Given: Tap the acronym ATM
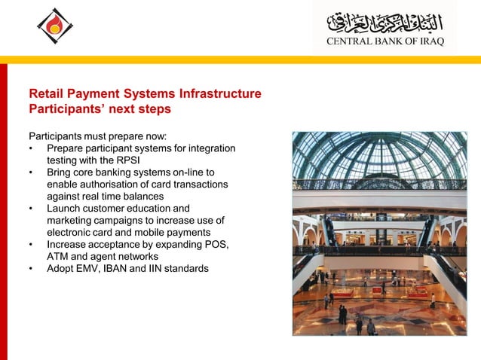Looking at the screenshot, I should pyautogui.click(x=58, y=257).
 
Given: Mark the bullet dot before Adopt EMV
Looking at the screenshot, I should pyautogui.click(x=32, y=269).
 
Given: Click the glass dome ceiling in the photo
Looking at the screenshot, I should pyautogui.click(x=380, y=158).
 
